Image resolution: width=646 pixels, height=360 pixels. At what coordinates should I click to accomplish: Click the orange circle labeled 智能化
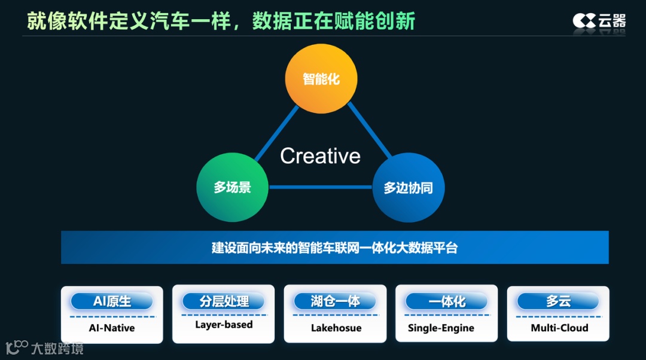pyautogui.click(x=321, y=79)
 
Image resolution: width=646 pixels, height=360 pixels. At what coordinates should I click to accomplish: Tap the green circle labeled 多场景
pyautogui.click(x=232, y=187)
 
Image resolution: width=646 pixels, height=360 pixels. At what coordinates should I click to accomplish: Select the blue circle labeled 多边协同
pyautogui.click(x=408, y=188)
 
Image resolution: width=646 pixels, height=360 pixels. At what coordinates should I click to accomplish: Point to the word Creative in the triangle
pyautogui.click(x=321, y=156)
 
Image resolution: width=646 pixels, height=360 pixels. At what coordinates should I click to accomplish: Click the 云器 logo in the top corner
pyautogui.click(x=599, y=21)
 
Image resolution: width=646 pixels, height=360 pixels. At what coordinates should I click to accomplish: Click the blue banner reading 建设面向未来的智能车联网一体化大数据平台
pyautogui.click(x=334, y=248)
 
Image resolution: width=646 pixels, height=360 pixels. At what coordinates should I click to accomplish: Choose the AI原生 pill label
pyautogui.click(x=112, y=301)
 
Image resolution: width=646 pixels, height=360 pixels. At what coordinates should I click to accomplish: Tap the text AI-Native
pyautogui.click(x=112, y=328)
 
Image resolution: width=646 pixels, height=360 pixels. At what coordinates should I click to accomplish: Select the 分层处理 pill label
pyautogui.click(x=224, y=301)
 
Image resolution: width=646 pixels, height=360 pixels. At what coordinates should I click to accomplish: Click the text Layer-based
pyautogui.click(x=224, y=325)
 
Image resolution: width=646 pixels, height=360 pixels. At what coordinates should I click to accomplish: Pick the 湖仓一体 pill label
pyautogui.click(x=335, y=301)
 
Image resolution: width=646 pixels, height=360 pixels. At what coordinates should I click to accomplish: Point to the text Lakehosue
pyautogui.click(x=336, y=328)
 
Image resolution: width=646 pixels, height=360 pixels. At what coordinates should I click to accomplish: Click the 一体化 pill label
pyautogui.click(x=446, y=301)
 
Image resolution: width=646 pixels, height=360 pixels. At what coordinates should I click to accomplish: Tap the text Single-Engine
pyautogui.click(x=441, y=328)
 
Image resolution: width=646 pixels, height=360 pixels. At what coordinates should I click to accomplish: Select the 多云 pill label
pyautogui.click(x=558, y=301)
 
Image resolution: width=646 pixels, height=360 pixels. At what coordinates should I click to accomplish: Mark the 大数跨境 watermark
pyautogui.click(x=45, y=347)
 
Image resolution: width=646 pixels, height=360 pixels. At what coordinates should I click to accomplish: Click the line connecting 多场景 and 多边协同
pyautogui.click(x=320, y=187)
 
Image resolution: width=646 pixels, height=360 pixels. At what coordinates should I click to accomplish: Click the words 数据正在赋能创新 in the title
pyautogui.click(x=333, y=21)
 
